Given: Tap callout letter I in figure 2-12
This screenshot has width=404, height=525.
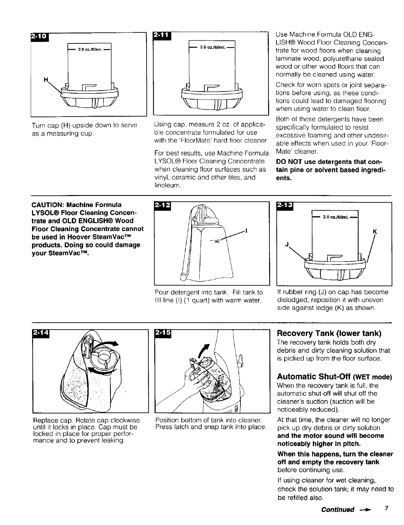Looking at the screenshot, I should point(246,230).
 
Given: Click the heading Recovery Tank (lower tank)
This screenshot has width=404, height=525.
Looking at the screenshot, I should point(329,334).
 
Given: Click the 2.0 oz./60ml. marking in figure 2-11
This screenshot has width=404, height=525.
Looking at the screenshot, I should point(211,47).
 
